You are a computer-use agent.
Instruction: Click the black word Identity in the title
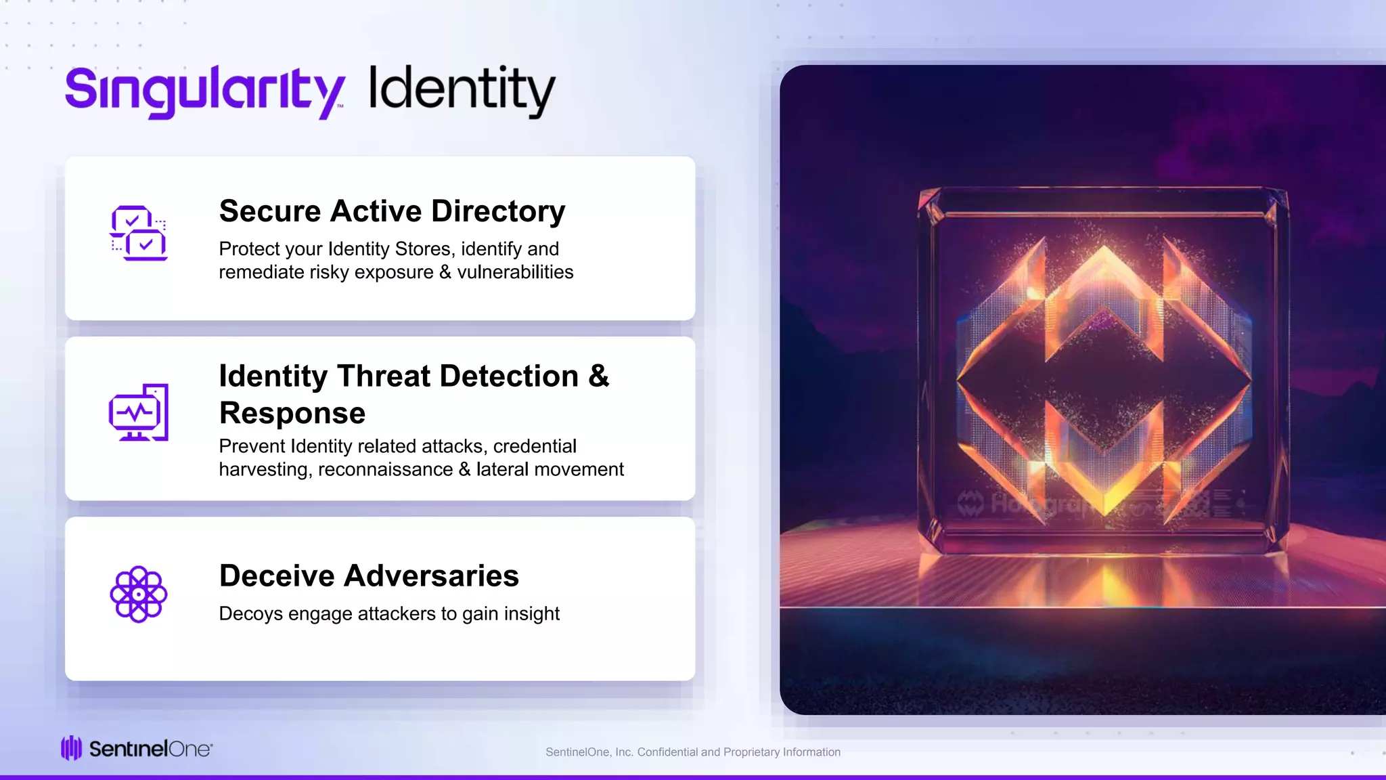coord(462,90)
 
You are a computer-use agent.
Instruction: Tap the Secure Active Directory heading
coord(392,211)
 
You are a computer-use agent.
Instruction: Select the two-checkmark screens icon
coord(139,233)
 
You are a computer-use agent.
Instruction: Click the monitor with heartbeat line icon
coord(139,412)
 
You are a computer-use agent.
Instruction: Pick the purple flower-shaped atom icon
coord(139,594)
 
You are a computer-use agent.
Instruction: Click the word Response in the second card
coord(292,413)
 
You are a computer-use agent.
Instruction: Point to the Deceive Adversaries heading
coord(369,576)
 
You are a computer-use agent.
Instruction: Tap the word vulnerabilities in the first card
coord(515,272)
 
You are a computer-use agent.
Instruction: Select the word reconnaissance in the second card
coord(386,469)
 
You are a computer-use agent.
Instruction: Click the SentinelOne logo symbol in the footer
coord(71,748)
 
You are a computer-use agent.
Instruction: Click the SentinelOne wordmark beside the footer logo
coord(150,749)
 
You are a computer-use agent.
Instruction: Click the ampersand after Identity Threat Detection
coord(599,376)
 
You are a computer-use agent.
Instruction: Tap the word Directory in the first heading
coord(498,211)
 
